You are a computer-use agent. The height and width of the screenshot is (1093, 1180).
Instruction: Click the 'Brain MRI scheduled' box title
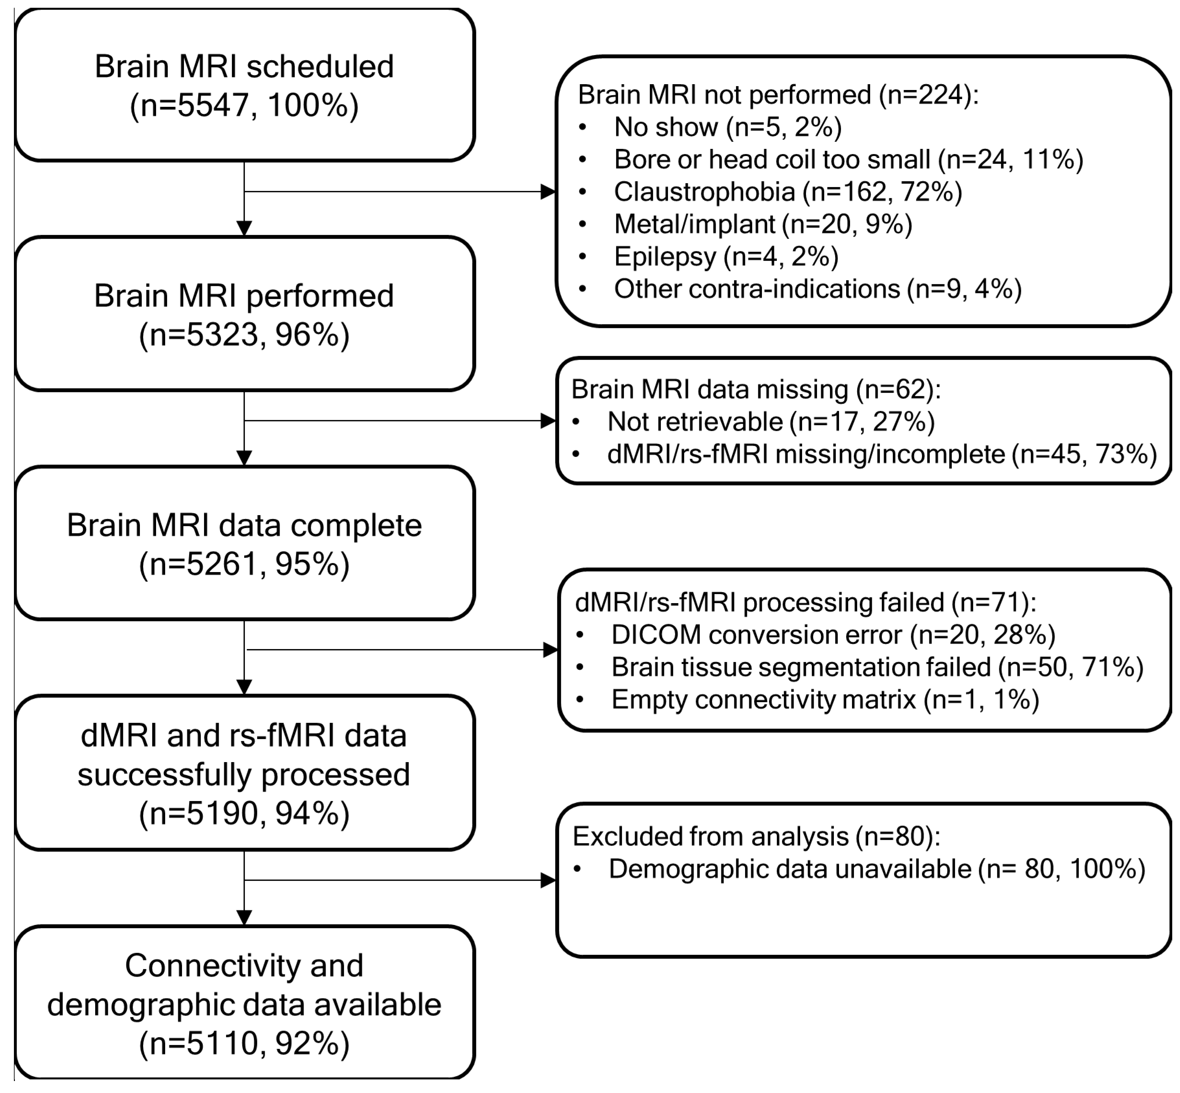pos(244,66)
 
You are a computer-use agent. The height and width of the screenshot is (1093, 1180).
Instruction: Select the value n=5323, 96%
pos(244,335)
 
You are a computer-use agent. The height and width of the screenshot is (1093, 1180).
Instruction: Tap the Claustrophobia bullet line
pos(787,192)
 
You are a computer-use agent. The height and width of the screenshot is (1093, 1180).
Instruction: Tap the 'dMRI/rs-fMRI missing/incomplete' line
pos(881,454)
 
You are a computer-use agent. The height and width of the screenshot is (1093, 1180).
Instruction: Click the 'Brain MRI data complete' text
pos(244,525)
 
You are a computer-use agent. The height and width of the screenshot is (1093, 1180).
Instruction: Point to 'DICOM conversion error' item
pos(833,635)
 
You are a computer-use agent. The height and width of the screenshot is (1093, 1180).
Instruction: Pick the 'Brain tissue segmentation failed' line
pos(877,667)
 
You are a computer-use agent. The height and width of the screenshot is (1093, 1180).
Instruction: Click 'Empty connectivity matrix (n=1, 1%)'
pos(824,700)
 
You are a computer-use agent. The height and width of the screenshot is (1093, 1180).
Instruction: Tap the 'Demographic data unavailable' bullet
pos(877,869)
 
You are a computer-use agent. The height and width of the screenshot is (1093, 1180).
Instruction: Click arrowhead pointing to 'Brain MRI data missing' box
pos(548,421)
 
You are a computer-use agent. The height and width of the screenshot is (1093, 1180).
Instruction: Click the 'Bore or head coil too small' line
pos(848,160)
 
